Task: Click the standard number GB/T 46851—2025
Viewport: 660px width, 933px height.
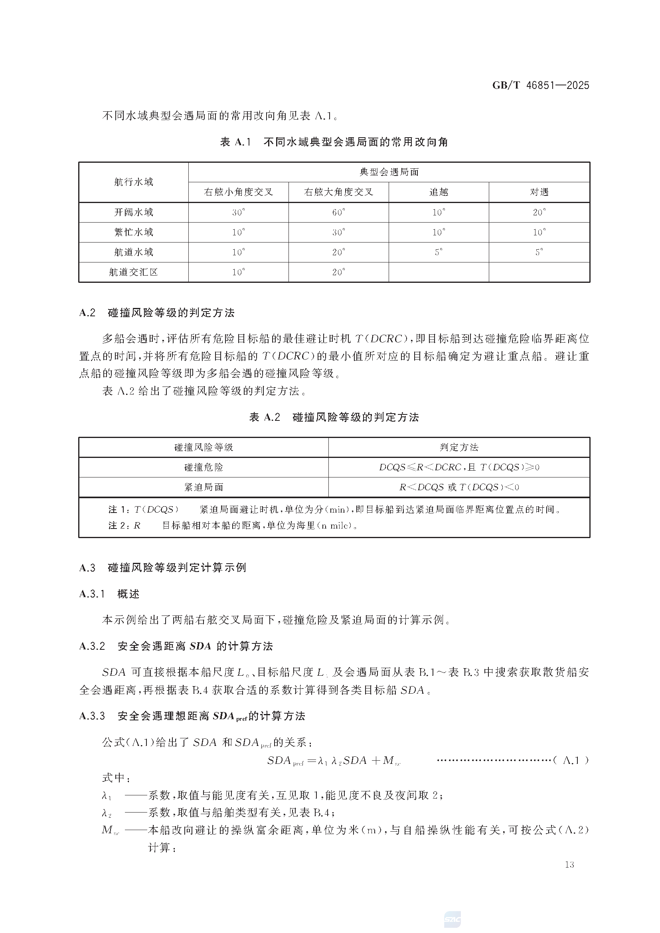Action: click(x=540, y=85)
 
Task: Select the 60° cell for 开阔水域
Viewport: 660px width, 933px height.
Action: click(x=338, y=212)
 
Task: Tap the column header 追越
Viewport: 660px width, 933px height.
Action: click(x=439, y=192)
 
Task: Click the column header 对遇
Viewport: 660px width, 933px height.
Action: click(x=539, y=192)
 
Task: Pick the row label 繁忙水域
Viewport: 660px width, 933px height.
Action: click(x=133, y=232)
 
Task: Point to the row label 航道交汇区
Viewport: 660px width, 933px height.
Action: click(x=133, y=272)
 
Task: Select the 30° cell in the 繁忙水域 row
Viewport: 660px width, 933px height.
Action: click(x=338, y=232)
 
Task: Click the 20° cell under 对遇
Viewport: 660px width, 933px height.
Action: click(x=539, y=212)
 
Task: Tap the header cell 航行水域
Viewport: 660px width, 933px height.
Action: click(x=133, y=182)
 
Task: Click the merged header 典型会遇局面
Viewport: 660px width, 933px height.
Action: click(x=389, y=172)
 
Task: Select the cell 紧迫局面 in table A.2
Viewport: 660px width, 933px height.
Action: click(x=204, y=487)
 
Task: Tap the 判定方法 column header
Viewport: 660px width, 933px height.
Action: click(x=459, y=448)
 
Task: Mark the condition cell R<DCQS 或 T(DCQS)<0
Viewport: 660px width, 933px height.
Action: click(x=459, y=487)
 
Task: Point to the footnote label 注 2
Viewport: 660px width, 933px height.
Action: click(x=118, y=525)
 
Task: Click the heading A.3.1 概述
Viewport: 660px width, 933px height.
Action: click(x=109, y=594)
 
